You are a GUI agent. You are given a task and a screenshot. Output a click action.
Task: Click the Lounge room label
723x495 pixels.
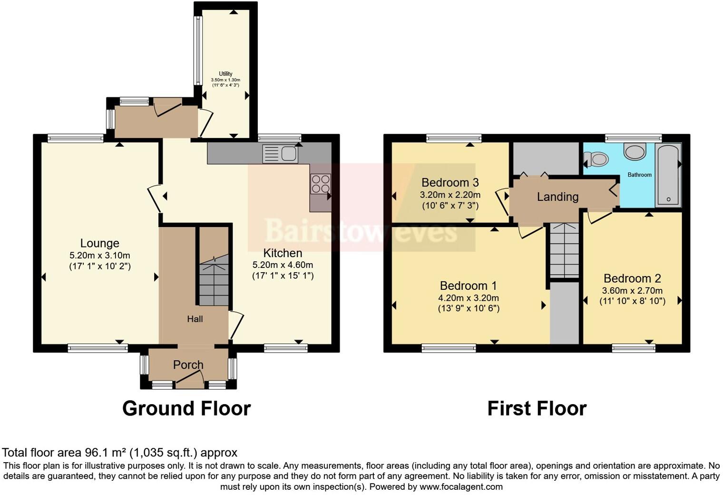point(99,243)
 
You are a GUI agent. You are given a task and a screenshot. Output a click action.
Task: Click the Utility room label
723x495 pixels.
point(225,74)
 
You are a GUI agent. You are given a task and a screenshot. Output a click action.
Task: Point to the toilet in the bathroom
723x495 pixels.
point(596,158)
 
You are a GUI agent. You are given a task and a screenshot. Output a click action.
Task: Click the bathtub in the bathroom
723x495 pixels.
point(668,175)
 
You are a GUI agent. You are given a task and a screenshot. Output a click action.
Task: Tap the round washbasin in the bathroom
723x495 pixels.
point(635,151)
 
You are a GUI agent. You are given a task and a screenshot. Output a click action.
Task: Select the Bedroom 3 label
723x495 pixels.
point(450,182)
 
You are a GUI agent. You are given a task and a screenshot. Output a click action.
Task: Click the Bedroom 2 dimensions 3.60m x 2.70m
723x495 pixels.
point(632,291)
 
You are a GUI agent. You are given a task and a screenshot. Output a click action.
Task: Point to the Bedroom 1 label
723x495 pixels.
point(468,286)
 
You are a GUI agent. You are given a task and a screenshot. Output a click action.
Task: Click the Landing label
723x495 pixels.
point(557,197)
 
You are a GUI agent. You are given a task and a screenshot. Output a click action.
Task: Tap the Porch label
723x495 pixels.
point(188,365)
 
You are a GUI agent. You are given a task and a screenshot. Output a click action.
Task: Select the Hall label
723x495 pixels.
point(195,319)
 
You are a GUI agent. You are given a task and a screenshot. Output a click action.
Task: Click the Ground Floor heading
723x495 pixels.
point(186,408)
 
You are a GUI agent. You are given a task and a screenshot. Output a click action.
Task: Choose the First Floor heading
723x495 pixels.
point(537,408)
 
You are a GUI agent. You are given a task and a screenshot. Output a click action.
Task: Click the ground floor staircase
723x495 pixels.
point(214,281)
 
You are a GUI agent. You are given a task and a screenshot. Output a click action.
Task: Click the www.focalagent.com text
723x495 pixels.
point(460,487)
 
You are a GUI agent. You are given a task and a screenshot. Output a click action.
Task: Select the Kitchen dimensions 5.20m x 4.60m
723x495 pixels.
point(283,265)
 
